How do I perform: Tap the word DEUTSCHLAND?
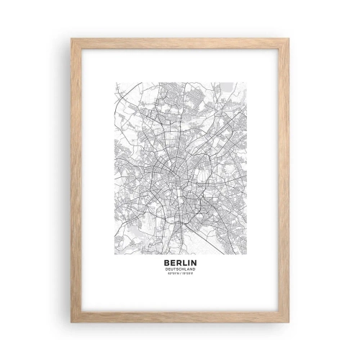point(180,269)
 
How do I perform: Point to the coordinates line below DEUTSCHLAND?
point(180,274)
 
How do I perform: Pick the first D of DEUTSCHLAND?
point(167,269)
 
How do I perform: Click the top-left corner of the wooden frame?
point(72,39)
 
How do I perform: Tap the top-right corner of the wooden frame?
point(288,39)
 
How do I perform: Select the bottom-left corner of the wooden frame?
point(72,321)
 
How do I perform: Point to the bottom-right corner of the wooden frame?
point(288,321)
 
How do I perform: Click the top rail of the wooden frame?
point(180,43)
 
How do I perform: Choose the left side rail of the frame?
point(76,180)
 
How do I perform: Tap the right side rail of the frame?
point(284,180)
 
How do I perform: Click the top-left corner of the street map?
point(114,81)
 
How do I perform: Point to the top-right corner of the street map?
point(246,81)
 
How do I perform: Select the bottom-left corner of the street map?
point(114,254)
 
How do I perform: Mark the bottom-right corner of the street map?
point(246,254)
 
